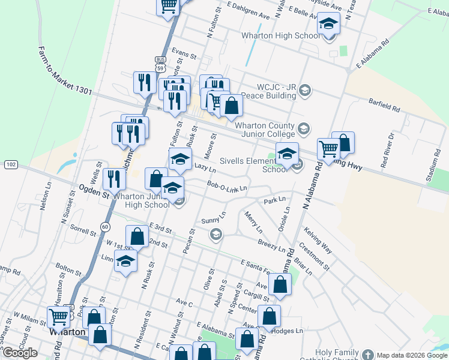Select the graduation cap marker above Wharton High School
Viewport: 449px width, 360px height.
tap(328, 25)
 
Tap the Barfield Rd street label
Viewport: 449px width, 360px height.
tap(384, 107)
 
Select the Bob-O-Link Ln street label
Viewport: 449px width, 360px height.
tap(227, 188)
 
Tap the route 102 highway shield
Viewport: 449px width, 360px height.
tap(11, 164)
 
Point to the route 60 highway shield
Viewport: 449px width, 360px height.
tap(105, 226)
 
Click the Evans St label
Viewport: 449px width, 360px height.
tap(184, 54)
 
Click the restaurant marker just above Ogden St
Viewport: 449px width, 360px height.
tap(113, 178)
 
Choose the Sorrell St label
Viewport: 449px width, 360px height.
tap(83, 230)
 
